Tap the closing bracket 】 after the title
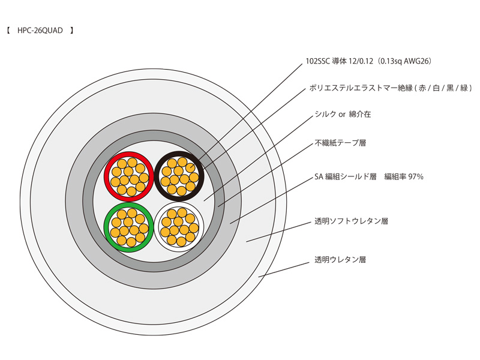point(71,29)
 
